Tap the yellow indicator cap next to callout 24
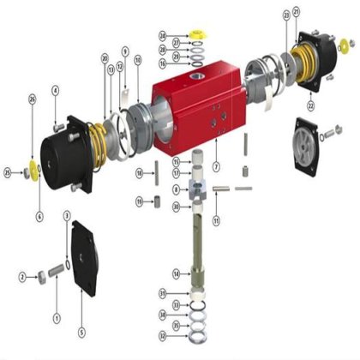pos(198,34)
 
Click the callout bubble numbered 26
pos(33,100)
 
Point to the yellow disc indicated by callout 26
pos(35,165)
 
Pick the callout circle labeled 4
pos(56,90)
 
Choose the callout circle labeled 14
pos(176,273)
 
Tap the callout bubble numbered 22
pos(309,105)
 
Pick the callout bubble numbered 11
pos(216,220)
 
